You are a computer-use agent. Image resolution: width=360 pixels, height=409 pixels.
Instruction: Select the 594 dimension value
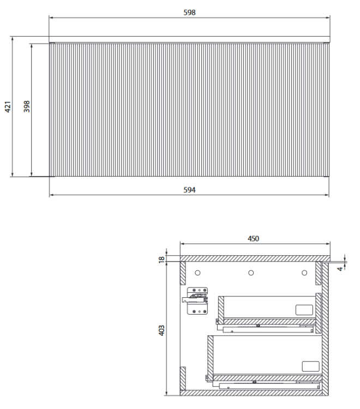click(189, 190)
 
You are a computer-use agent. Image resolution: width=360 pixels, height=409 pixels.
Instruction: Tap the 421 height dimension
click(8, 107)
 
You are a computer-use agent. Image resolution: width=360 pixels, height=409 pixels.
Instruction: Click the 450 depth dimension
click(254, 238)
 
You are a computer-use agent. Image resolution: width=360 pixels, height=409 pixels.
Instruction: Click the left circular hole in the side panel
click(199, 272)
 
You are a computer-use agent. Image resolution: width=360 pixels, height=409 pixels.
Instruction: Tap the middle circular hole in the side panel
click(251, 272)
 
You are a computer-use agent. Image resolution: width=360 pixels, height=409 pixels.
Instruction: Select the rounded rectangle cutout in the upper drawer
click(303, 309)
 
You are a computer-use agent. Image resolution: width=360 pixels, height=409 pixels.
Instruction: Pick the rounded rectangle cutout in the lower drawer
click(309, 366)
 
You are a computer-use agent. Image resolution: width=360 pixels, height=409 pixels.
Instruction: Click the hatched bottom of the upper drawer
click(267, 321)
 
